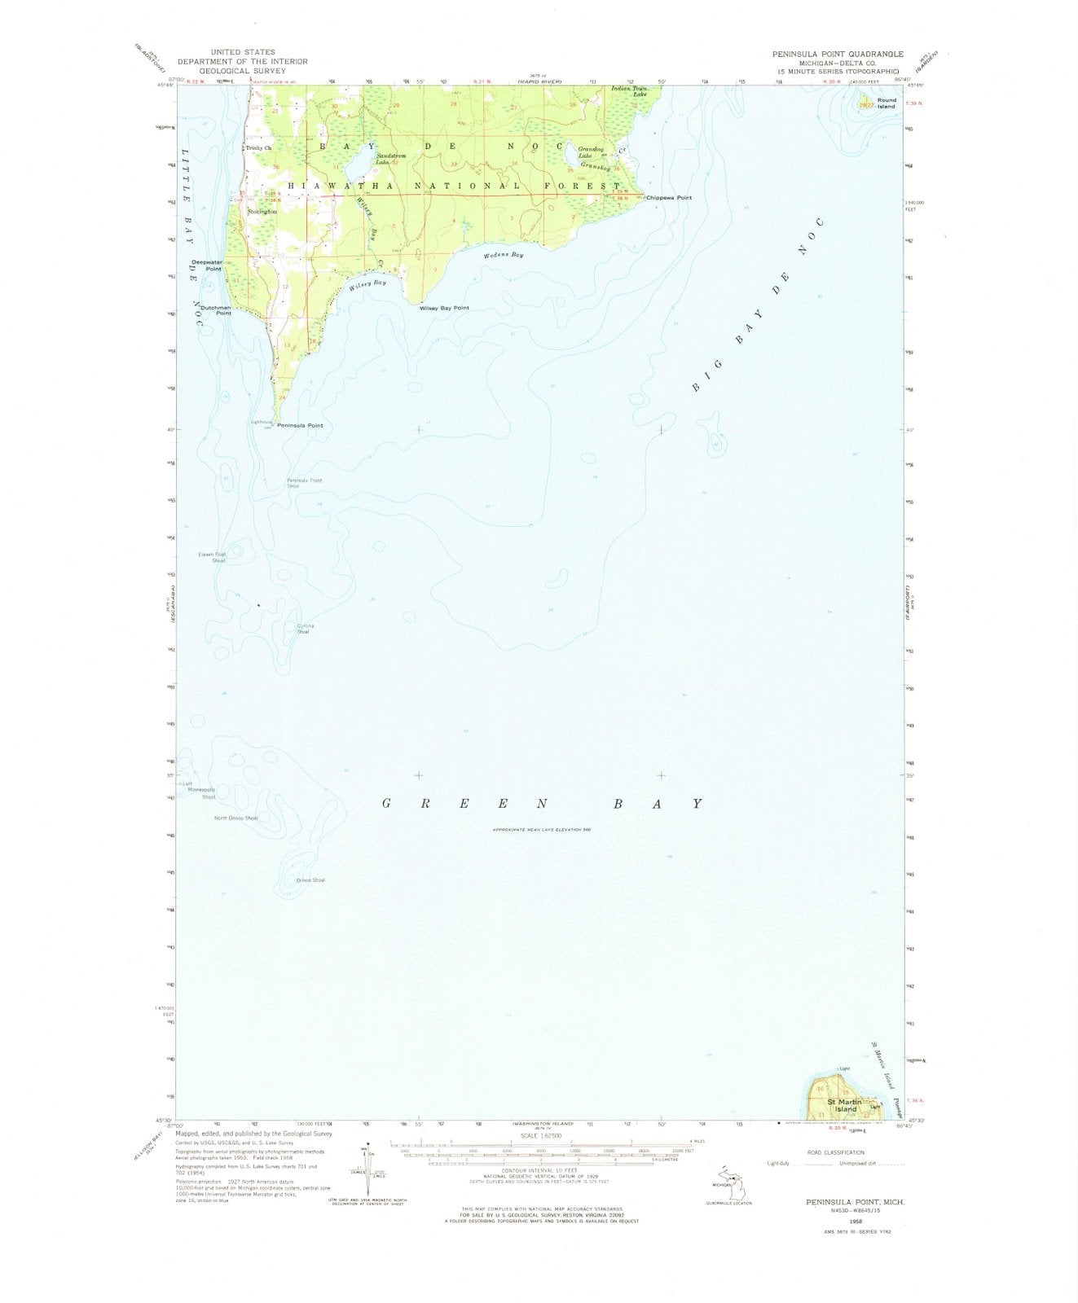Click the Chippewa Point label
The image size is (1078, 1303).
[669, 198]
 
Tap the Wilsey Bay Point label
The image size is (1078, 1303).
[444, 308]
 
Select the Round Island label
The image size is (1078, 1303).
[887, 103]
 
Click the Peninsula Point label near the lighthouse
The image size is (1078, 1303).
[300, 426]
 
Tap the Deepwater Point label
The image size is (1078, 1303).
[207, 265]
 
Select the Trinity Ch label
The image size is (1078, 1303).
[259, 148]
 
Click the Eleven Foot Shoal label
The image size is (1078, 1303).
[212, 558]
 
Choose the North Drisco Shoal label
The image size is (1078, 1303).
[235, 818]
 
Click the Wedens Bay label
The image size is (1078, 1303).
[504, 255]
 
